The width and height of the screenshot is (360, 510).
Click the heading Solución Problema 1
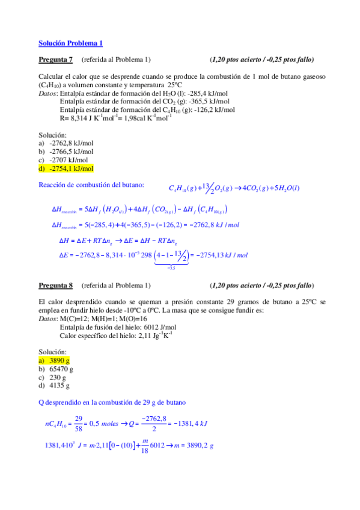pyautogui.click(x=70, y=43)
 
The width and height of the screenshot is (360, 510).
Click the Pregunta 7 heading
pyautogui.click(x=55, y=60)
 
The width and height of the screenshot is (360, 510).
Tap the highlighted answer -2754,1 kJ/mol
pyautogui.click(x=70, y=169)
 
